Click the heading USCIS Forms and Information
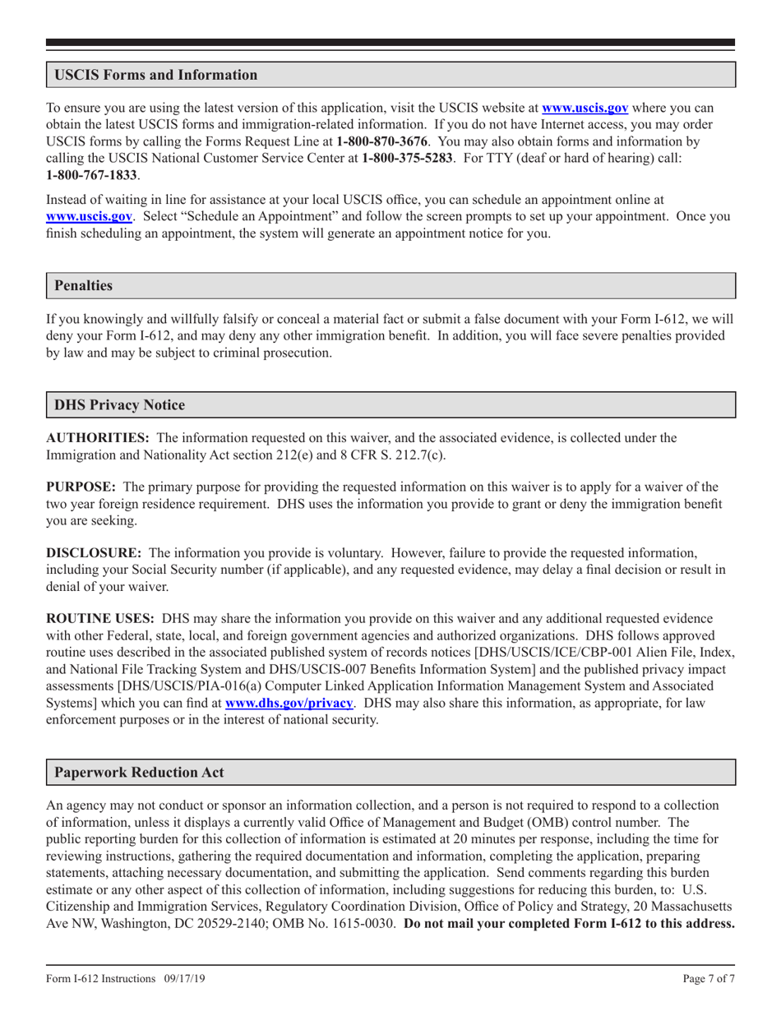pyautogui.click(x=155, y=75)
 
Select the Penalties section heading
pyautogui.click(x=83, y=286)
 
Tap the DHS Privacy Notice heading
pyautogui.click(x=119, y=404)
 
